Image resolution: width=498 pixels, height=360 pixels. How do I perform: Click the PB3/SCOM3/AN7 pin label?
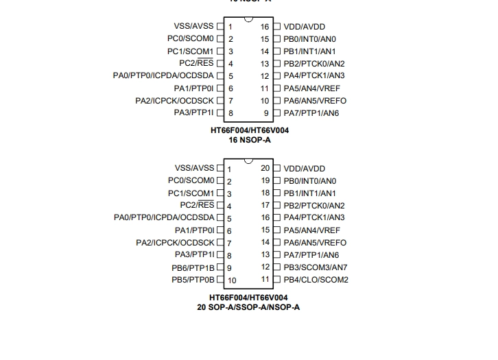point(316,267)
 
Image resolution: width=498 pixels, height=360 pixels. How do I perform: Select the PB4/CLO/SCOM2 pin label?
point(316,280)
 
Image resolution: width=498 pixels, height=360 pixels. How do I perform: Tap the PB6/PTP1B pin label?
point(193,268)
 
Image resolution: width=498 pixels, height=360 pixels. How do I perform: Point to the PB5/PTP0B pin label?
point(193,280)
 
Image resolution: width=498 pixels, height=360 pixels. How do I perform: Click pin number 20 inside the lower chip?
point(265,168)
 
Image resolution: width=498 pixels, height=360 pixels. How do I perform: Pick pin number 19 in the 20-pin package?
point(265,180)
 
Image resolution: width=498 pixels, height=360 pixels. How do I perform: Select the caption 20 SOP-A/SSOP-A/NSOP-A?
point(248,307)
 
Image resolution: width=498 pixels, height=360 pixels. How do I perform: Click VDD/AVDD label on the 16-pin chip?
point(305,27)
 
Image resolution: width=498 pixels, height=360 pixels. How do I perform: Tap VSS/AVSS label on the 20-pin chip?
point(194,168)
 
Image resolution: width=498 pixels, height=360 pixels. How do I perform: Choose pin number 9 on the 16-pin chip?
point(266,113)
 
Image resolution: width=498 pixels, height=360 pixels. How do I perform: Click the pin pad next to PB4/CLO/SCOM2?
point(277,279)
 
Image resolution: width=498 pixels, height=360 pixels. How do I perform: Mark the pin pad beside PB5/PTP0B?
point(220,280)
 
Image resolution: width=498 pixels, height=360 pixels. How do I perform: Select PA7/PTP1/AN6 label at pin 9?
point(311,113)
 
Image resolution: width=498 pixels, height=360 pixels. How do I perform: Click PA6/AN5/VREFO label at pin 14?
point(315,243)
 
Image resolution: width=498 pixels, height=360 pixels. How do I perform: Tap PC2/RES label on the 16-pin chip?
point(196,63)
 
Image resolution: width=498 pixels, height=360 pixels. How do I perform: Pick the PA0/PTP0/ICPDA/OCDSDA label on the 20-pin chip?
point(164,217)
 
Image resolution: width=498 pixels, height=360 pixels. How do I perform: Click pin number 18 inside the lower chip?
point(265,193)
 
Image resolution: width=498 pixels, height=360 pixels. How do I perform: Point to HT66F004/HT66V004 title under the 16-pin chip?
point(250,130)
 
